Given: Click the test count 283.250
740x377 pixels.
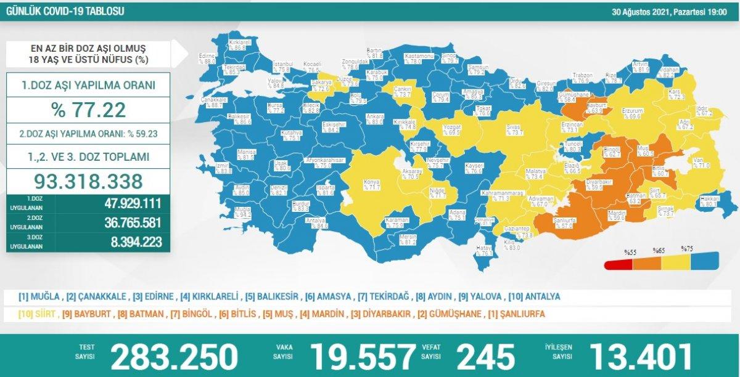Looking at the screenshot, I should pyautogui.click(x=175, y=356).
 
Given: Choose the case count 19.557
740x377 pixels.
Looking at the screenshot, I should pyautogui.click(x=363, y=356).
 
